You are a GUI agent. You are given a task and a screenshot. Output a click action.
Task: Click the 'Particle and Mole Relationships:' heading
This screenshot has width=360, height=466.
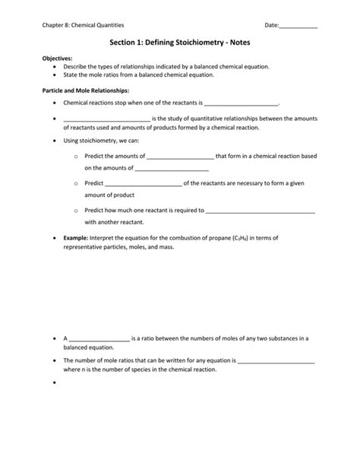coord(85,89)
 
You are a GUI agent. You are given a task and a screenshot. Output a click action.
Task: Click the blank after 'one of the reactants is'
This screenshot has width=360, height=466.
coord(242,103)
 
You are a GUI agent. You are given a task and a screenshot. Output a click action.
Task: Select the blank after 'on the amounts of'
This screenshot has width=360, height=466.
coord(172,168)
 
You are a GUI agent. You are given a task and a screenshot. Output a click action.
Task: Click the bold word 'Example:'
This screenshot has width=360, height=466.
coord(76,237)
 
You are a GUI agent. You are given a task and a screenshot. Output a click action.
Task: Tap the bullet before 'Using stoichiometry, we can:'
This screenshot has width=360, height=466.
coord(56,141)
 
